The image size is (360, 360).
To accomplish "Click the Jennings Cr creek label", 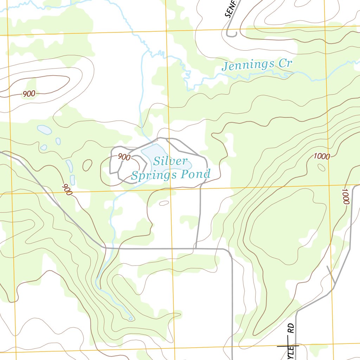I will point(257,65).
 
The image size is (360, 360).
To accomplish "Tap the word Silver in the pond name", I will point(170,161).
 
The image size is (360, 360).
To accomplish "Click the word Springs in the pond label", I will point(156,175).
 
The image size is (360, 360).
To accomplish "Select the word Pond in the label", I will point(197,174).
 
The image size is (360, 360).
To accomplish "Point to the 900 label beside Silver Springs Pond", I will point(124,157).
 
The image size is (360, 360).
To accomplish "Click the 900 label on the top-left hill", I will point(29,94).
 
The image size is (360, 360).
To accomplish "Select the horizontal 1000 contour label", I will point(322,156).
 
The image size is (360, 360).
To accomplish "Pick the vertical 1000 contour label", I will point(345,197).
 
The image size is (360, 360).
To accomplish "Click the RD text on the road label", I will point(291,328).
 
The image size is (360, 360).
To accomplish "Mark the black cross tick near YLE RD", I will point(288,346).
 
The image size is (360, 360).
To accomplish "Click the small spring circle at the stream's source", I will point(130,319).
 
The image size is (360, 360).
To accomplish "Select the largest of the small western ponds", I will point(44,130).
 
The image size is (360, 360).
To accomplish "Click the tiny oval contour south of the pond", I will point(164,203).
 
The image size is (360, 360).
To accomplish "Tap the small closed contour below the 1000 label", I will point(321,167).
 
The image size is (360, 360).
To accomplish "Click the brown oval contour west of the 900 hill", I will point(87,165).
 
